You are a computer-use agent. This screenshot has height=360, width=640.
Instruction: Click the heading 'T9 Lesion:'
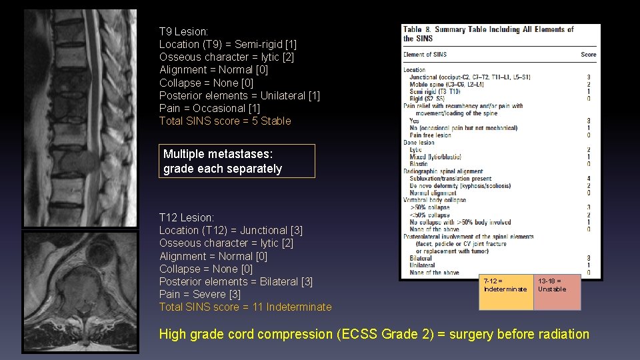tap(184, 31)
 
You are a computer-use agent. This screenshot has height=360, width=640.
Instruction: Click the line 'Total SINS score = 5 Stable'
tap(225, 121)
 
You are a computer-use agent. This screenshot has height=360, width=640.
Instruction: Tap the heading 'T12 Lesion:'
tap(187, 217)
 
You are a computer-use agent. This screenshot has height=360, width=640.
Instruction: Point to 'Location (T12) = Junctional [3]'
tap(231, 230)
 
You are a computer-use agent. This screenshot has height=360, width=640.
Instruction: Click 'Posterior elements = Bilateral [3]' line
tap(236, 281)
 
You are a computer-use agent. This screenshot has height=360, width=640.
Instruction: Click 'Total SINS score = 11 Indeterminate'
tap(245, 307)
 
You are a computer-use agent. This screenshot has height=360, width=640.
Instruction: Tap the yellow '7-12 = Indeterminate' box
tap(505, 291)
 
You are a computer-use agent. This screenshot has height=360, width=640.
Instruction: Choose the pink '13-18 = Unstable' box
tap(557, 291)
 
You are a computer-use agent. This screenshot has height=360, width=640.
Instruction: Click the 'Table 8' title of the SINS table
tap(488, 33)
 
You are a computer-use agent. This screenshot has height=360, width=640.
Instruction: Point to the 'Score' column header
tap(588, 55)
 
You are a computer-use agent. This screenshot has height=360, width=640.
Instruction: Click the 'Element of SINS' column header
tap(425, 55)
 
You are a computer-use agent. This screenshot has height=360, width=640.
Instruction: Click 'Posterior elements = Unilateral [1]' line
tap(239, 95)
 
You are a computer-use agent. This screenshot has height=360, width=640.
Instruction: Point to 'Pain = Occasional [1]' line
tap(209, 108)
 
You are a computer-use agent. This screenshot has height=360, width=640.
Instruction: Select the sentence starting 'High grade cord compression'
tap(374, 334)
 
